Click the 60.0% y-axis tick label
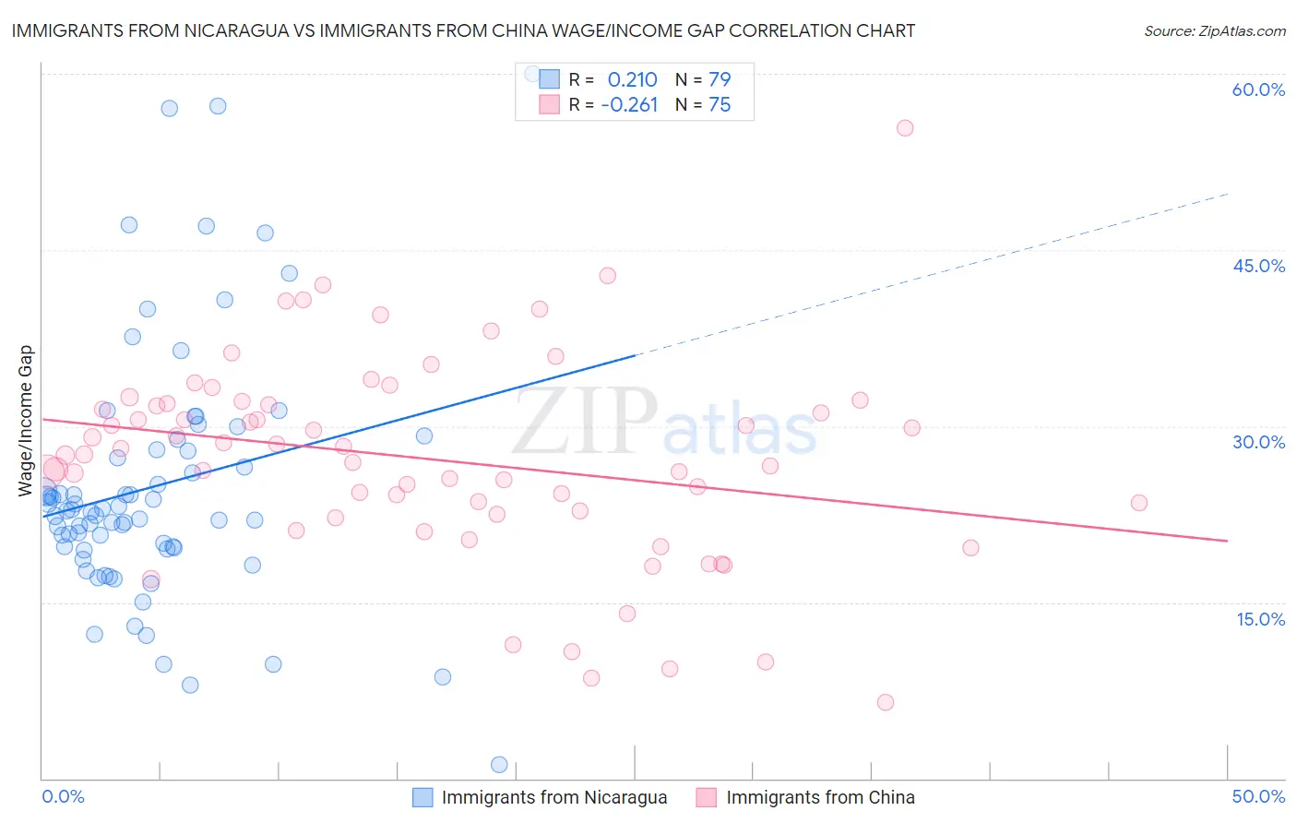1258,89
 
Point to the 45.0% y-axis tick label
1258,266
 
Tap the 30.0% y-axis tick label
1258,442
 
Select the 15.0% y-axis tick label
1260,619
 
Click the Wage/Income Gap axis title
26,421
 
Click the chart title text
463,30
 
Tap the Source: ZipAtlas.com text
1214,31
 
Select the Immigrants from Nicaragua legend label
553,797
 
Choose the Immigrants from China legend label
820,797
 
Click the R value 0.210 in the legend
632,79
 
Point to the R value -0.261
629,105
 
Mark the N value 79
720,79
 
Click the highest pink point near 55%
905,128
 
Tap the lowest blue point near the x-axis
499,764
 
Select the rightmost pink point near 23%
1138,503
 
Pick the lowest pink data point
886,702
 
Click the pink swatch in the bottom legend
706,797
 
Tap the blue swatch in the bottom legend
422,797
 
